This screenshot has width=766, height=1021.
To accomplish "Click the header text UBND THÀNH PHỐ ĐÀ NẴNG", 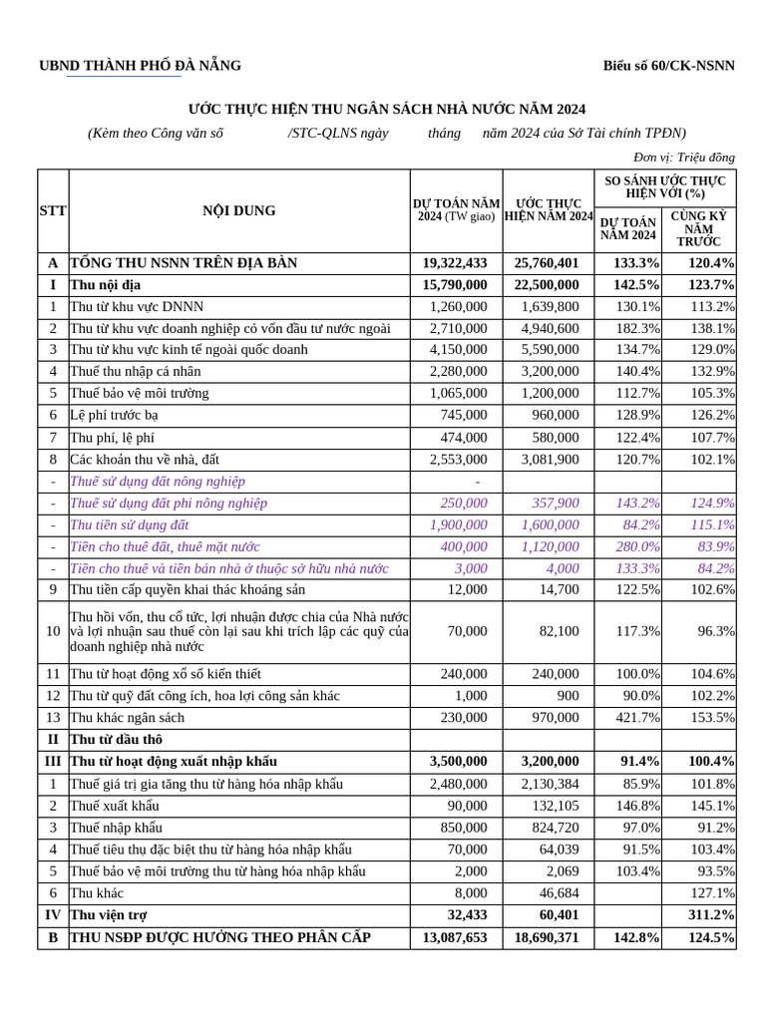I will (x=140, y=66).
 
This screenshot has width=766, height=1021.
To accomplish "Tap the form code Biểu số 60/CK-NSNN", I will (x=668, y=66).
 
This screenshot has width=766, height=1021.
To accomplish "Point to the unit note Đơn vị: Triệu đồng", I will (x=684, y=157).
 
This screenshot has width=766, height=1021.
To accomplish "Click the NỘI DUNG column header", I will (x=239, y=210).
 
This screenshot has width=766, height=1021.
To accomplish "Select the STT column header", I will (x=52, y=210).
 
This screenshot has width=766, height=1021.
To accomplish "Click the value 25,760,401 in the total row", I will (x=548, y=263).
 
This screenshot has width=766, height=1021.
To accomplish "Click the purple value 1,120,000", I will (x=550, y=546).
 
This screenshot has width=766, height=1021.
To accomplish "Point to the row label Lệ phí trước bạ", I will (x=114, y=415).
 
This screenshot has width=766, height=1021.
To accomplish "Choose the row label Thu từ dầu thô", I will (x=116, y=740).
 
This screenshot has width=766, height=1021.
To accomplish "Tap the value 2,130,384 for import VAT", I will (x=550, y=784).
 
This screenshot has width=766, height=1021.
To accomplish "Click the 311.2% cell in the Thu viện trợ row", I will (x=711, y=914).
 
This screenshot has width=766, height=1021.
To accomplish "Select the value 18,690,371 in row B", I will (x=548, y=937).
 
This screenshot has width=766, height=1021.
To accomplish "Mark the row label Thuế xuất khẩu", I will (x=114, y=806).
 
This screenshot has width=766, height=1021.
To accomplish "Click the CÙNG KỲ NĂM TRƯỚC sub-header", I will (x=698, y=229).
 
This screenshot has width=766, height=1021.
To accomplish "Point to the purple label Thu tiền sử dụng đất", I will (x=130, y=524).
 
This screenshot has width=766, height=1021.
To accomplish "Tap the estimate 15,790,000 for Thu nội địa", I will (x=456, y=285).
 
